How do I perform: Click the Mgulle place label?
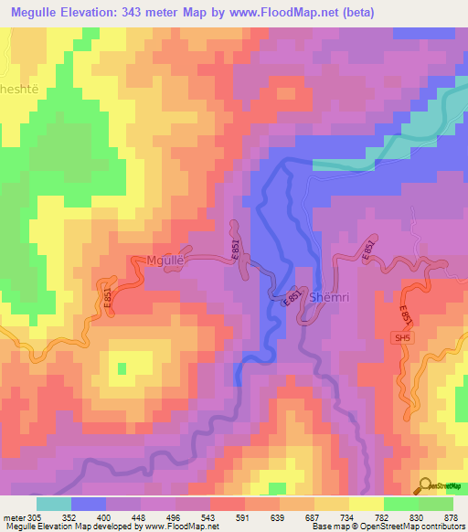pyautogui.click(x=165, y=261)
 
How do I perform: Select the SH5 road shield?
pyautogui.click(x=403, y=338)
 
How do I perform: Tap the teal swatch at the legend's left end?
pyautogui.click(x=54, y=504)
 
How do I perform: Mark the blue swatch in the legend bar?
pyautogui.click(x=89, y=504)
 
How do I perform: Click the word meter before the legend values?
pyautogui.click(x=13, y=516)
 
